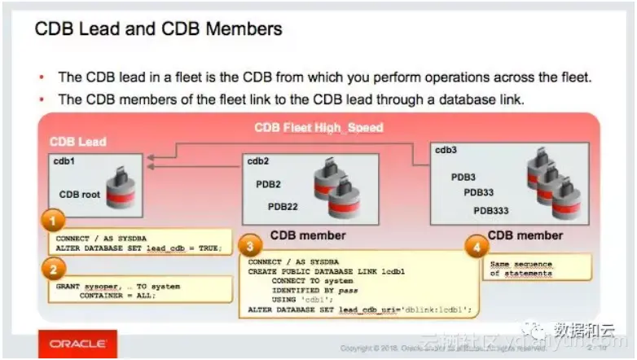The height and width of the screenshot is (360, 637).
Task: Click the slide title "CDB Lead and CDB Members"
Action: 158,29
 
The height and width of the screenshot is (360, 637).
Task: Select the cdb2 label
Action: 259,161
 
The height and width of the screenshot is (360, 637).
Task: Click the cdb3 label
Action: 446,149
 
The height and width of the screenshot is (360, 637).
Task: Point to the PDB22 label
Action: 283,207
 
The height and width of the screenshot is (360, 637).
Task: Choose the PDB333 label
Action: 490,211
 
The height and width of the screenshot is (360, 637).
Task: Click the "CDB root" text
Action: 79,195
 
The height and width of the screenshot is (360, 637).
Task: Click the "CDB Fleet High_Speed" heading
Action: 318,127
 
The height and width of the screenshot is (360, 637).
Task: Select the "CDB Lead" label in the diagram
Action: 77,142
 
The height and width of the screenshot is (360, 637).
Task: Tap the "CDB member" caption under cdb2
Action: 308,235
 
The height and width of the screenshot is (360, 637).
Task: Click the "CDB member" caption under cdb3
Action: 525,235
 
